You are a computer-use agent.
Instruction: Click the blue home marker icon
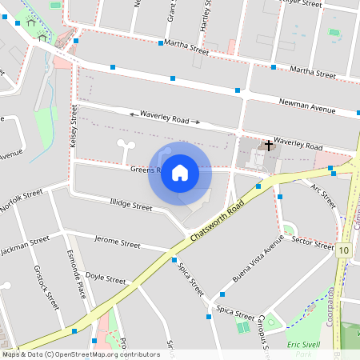click(180, 173)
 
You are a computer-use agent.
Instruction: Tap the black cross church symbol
click(269, 145)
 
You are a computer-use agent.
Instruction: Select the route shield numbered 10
click(344, 250)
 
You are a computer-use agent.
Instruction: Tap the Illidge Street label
click(130, 206)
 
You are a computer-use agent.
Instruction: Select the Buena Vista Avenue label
click(246, 274)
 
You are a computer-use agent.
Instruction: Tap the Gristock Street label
click(47, 289)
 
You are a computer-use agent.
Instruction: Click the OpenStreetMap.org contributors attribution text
click(103, 354)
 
